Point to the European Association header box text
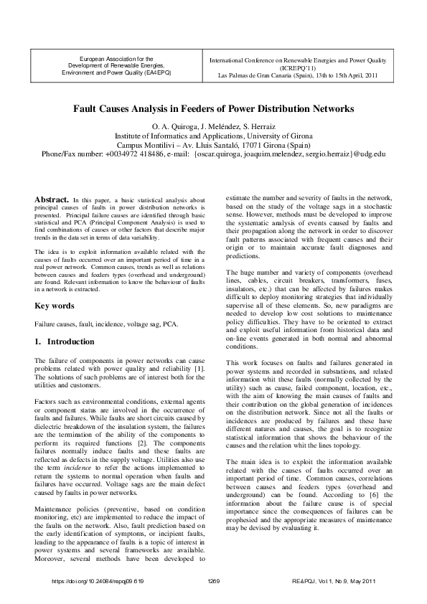[116, 63]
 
